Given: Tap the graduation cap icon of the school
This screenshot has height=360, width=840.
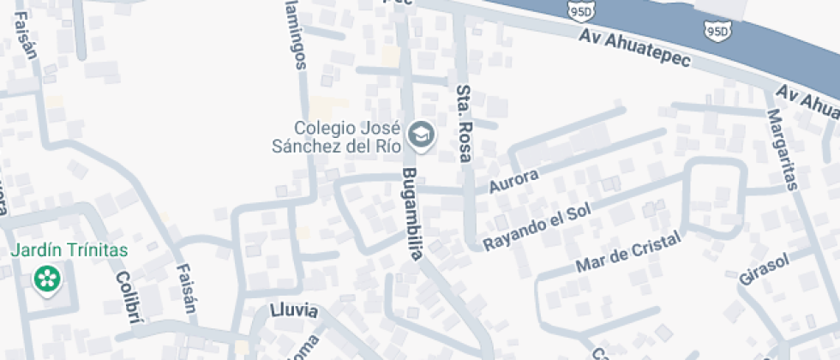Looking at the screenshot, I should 421,135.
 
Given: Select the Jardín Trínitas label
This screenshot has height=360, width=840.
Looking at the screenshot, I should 69,250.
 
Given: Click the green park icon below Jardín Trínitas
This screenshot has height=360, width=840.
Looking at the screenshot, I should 47,279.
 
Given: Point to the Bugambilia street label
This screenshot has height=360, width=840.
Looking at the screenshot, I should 416,219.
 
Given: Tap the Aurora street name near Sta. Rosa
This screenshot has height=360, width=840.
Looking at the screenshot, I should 513,181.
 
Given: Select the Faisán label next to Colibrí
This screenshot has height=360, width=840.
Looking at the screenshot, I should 186,289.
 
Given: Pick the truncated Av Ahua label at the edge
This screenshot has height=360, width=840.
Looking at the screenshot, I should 807,99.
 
